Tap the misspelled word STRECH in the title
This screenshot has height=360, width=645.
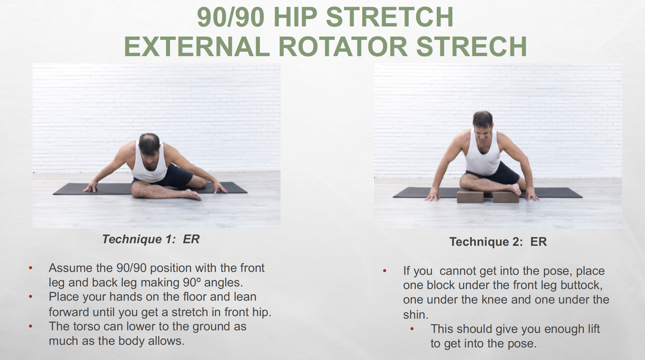[471, 46]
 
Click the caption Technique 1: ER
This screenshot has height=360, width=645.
[151, 239]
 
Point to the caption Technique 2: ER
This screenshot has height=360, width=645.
[498, 242]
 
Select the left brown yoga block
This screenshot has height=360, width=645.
[471, 196]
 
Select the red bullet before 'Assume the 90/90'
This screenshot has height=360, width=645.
[31, 268]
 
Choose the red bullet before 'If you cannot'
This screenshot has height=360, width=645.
[385, 271]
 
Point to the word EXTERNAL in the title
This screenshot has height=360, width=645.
[197, 46]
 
